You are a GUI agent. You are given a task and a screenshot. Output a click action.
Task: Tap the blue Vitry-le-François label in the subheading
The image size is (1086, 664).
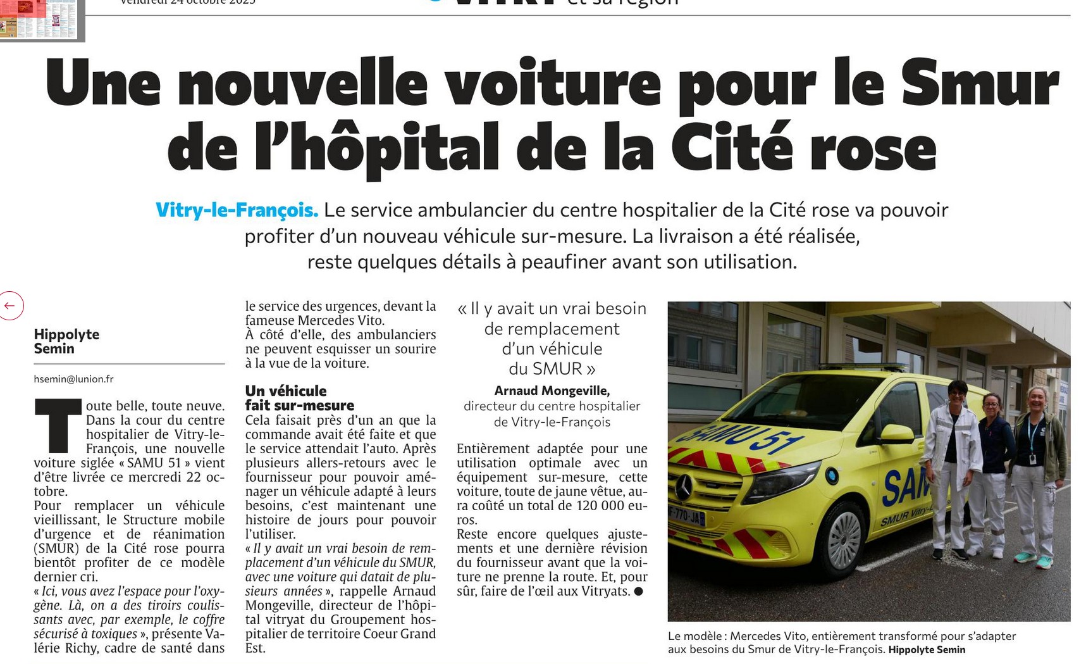click(237, 210)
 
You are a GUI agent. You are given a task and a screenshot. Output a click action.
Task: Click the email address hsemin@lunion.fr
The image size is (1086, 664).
click(73, 379)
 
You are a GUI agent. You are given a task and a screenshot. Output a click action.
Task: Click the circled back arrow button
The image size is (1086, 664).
click(11, 306)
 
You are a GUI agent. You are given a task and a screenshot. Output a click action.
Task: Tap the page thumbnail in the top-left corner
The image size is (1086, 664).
click(39, 19)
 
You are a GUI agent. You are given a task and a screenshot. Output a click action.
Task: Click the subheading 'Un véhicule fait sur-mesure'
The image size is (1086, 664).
click(299, 398)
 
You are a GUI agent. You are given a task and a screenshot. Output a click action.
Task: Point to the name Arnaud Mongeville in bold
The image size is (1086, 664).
click(552, 391)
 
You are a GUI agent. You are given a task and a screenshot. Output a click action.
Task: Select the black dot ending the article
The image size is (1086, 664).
click(638, 591)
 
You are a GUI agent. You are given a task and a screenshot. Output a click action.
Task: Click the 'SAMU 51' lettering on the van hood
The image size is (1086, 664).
click(734, 437)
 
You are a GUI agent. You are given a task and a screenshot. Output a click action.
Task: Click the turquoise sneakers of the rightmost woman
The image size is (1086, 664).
click(1034, 560)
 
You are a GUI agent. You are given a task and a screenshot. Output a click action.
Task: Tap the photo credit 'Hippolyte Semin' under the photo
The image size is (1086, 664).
click(927, 649)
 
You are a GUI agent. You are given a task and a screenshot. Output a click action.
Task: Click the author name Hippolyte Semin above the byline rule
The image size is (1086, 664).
click(66, 341)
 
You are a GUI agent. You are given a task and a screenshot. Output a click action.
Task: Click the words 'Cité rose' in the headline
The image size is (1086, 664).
click(803, 149)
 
